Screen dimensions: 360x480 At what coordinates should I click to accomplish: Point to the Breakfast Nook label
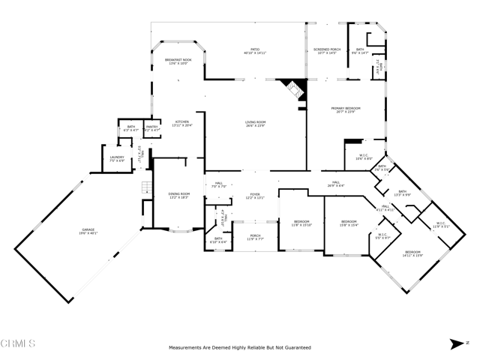[x=178, y=61]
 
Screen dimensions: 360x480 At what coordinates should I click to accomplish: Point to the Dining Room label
[x=178, y=196]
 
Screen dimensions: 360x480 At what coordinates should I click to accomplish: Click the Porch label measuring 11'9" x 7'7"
[x=255, y=237]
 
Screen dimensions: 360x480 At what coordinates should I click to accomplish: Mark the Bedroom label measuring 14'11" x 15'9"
[x=413, y=253]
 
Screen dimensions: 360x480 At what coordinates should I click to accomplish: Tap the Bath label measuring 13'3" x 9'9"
[x=402, y=193]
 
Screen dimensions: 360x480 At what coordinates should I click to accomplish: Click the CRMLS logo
[x=19, y=344]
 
